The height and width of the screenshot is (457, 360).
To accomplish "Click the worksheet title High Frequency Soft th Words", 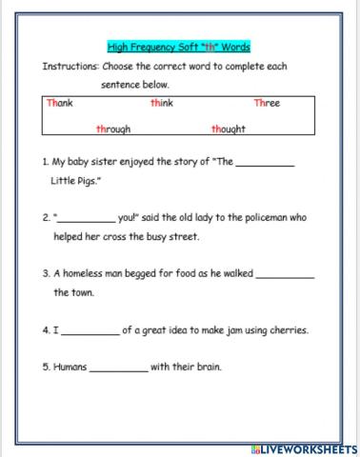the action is click(179, 47).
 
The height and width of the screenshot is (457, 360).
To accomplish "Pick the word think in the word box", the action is click(161, 103).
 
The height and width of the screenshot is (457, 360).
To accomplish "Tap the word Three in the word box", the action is click(267, 103).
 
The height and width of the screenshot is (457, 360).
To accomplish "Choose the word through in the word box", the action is click(113, 129).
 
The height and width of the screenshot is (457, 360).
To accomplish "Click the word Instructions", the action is click(70, 67).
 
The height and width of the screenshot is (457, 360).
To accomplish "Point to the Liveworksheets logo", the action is click(299, 447).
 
